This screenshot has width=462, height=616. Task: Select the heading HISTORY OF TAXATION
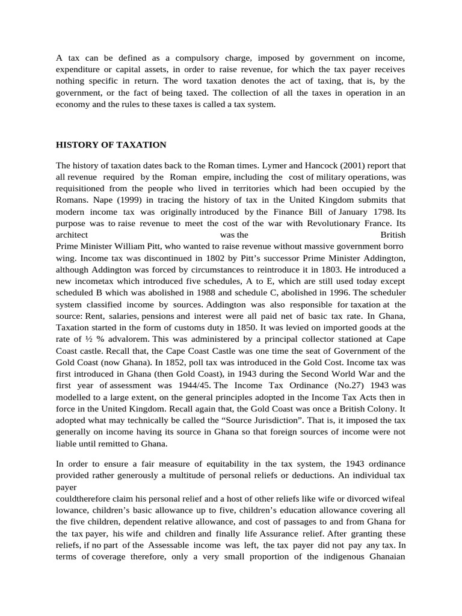tap(111, 145)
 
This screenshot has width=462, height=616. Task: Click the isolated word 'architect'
tap(72, 234)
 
